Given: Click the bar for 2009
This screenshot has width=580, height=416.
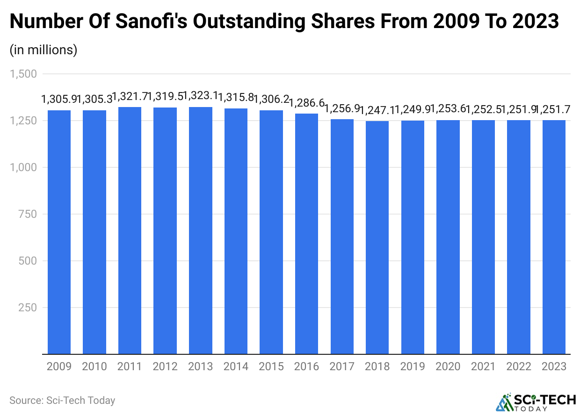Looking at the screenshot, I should pos(59,232).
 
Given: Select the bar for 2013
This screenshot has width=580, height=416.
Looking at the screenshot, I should pos(201,230).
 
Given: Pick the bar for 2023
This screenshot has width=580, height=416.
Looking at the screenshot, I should pos(554,237).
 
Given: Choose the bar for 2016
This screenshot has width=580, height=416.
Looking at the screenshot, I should pos(306,234).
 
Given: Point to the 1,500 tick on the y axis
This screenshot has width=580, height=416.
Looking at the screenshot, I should pos(23,74).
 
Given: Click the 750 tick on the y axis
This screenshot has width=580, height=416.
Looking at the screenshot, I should pos(28,214).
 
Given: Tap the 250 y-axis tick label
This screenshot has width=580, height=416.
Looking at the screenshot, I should pos(28,308).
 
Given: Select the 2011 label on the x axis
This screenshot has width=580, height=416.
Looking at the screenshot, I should pos(130,366).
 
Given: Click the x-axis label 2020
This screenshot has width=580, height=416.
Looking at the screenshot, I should pos(448,366).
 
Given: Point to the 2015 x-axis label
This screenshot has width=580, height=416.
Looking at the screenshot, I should pos(271,366).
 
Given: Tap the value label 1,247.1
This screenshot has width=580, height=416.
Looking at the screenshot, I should pos(377,110).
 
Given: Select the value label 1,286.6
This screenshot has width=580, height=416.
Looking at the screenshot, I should pos(306,102).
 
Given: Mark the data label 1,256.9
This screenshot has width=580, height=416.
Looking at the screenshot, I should pos(342,109).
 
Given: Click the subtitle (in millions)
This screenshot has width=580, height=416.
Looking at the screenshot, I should pos(43,50).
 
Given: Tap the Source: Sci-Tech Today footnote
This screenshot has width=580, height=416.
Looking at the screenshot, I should pos(62,401).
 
